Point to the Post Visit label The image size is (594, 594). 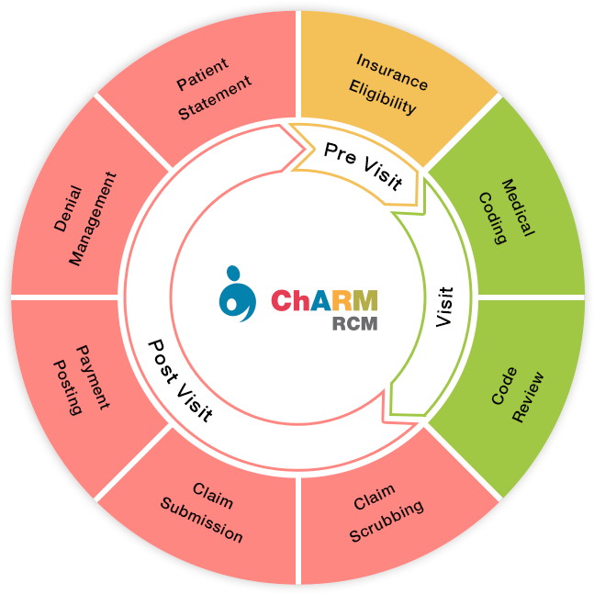(x=181, y=381)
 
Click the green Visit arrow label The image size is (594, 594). (x=444, y=307)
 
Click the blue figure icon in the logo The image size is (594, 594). (x=237, y=294)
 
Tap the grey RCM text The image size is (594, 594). (x=354, y=324)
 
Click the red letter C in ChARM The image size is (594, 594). (x=281, y=300)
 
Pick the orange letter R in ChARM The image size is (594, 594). (x=340, y=300)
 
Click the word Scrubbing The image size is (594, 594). (x=387, y=521)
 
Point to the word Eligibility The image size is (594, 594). (x=383, y=97)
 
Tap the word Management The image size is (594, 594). (x=93, y=219)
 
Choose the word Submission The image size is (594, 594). (x=201, y=521)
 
